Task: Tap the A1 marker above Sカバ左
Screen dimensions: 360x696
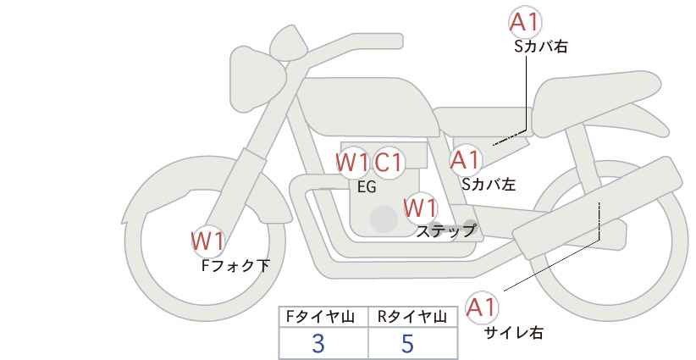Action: point(465,159)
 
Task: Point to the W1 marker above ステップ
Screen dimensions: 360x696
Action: point(420,207)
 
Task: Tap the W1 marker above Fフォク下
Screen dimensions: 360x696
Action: point(207,241)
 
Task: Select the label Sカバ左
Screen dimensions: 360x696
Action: point(489,183)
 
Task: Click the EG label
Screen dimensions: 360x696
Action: point(367,187)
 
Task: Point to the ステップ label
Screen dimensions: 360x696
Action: point(446,230)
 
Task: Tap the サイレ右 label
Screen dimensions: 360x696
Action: point(514,333)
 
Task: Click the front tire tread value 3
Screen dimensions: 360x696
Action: point(318,343)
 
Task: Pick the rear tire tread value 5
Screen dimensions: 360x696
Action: point(408,343)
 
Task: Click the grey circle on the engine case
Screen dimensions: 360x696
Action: point(384,219)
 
